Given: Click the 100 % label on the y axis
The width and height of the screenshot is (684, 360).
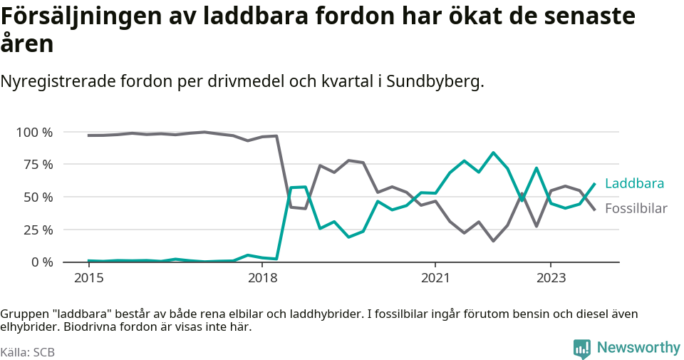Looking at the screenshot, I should pyautogui.click(x=33, y=132).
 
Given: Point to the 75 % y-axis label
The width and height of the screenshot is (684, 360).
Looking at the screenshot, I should pyautogui.click(x=37, y=165).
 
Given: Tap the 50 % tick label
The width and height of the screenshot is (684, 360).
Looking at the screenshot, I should pyautogui.click(x=37, y=197).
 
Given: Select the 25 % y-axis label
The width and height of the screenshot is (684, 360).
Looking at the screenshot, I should pyautogui.click(x=37, y=230).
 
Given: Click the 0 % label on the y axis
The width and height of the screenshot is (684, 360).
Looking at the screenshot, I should pyautogui.click(x=41, y=262).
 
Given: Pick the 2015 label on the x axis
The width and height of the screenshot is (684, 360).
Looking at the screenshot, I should pyautogui.click(x=88, y=277).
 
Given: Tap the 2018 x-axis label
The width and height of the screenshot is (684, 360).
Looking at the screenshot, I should pyautogui.click(x=261, y=277).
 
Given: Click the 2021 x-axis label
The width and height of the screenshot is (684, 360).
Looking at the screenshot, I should pyautogui.click(x=435, y=277).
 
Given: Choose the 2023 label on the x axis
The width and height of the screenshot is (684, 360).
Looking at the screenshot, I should pyautogui.click(x=551, y=277).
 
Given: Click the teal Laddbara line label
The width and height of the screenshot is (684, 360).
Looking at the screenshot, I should pyautogui.click(x=634, y=184).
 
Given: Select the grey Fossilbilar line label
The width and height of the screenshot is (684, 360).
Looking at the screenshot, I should pyautogui.click(x=636, y=209).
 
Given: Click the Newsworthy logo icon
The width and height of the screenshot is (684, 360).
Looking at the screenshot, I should pyautogui.click(x=581, y=349).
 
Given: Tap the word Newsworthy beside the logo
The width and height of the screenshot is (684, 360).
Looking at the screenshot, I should pyautogui.click(x=638, y=348).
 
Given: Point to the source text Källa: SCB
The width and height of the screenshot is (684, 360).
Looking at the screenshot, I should pyautogui.click(x=28, y=352).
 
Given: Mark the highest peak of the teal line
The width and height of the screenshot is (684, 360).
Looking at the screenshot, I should pyautogui.click(x=493, y=153).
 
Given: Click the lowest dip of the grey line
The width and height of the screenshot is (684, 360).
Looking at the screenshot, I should pyautogui.click(x=493, y=241).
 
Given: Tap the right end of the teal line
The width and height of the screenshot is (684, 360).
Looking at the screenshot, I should pyautogui.click(x=595, y=184).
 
